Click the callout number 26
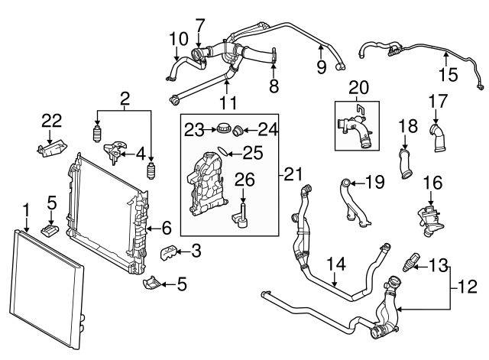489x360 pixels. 244,180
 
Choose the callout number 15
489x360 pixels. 448,74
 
